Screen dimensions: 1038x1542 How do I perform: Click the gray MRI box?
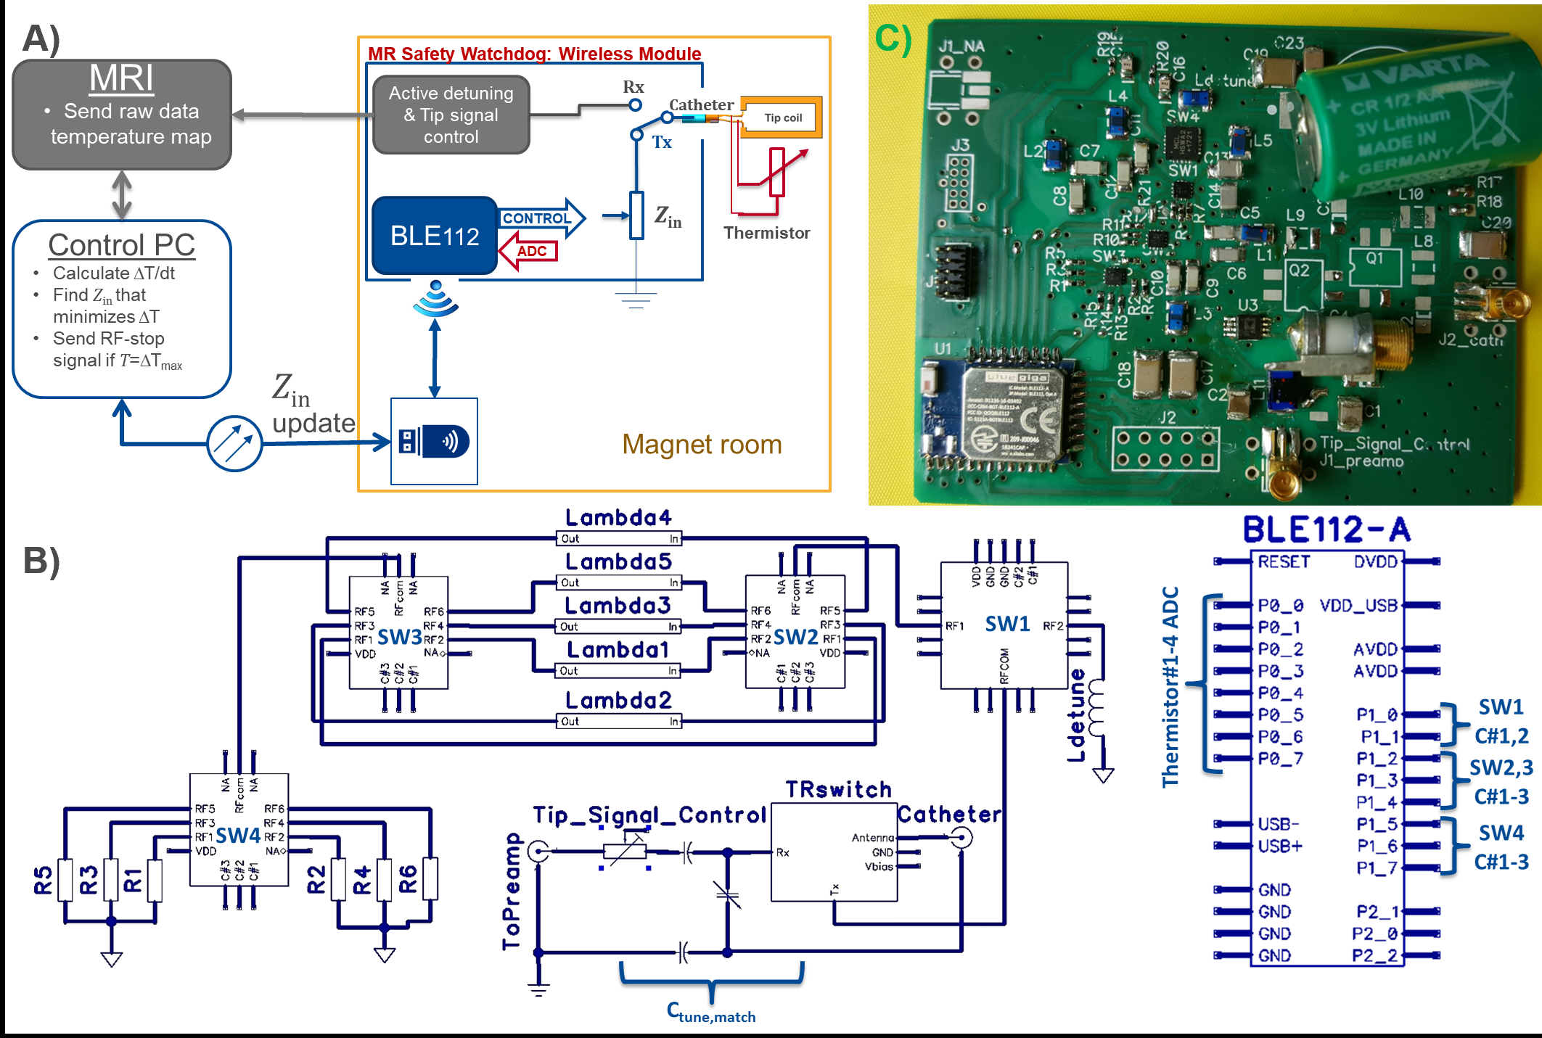pyautogui.click(x=122, y=115)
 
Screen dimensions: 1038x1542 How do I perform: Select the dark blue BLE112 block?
pyautogui.click(x=434, y=236)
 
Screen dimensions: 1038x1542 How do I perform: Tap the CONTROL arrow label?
pyautogui.click(x=537, y=218)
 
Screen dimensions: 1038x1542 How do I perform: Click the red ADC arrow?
pyautogui.click(x=530, y=251)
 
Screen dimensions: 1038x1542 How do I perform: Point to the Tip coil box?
pyautogui.click(x=783, y=118)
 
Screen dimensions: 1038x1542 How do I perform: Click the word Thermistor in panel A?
pyautogui.click(x=766, y=233)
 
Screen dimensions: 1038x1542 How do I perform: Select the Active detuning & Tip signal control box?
pyautogui.click(x=451, y=115)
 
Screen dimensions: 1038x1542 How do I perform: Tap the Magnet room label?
pyautogui.click(x=702, y=444)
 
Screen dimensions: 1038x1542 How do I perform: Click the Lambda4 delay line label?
pyautogui.click(x=618, y=517)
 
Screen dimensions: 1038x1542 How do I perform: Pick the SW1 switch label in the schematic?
pyautogui.click(x=1007, y=624)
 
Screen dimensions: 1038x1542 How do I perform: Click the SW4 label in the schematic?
pyautogui.click(x=238, y=836)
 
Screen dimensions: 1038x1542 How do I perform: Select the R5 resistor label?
pyautogui.click(x=43, y=879)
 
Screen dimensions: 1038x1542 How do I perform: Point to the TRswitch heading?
pyautogui.click(x=838, y=789)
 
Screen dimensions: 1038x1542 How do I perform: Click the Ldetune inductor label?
pyautogui.click(x=1077, y=714)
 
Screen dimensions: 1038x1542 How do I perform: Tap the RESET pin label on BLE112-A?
pyautogui.click(x=1284, y=561)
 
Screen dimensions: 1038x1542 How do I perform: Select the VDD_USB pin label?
pyautogui.click(x=1358, y=605)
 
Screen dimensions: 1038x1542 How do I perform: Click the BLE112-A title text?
pyautogui.click(x=1326, y=530)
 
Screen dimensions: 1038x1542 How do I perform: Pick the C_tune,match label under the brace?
pyautogui.click(x=711, y=1013)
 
